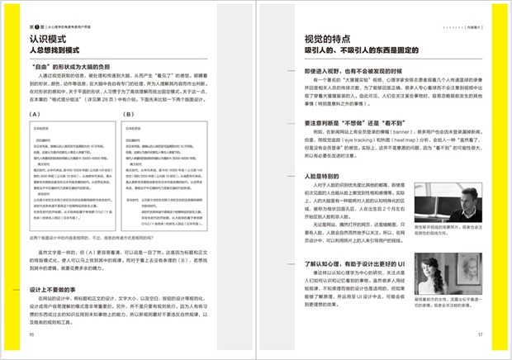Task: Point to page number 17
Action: coord(480,335)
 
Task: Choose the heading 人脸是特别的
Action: coord(311,176)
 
